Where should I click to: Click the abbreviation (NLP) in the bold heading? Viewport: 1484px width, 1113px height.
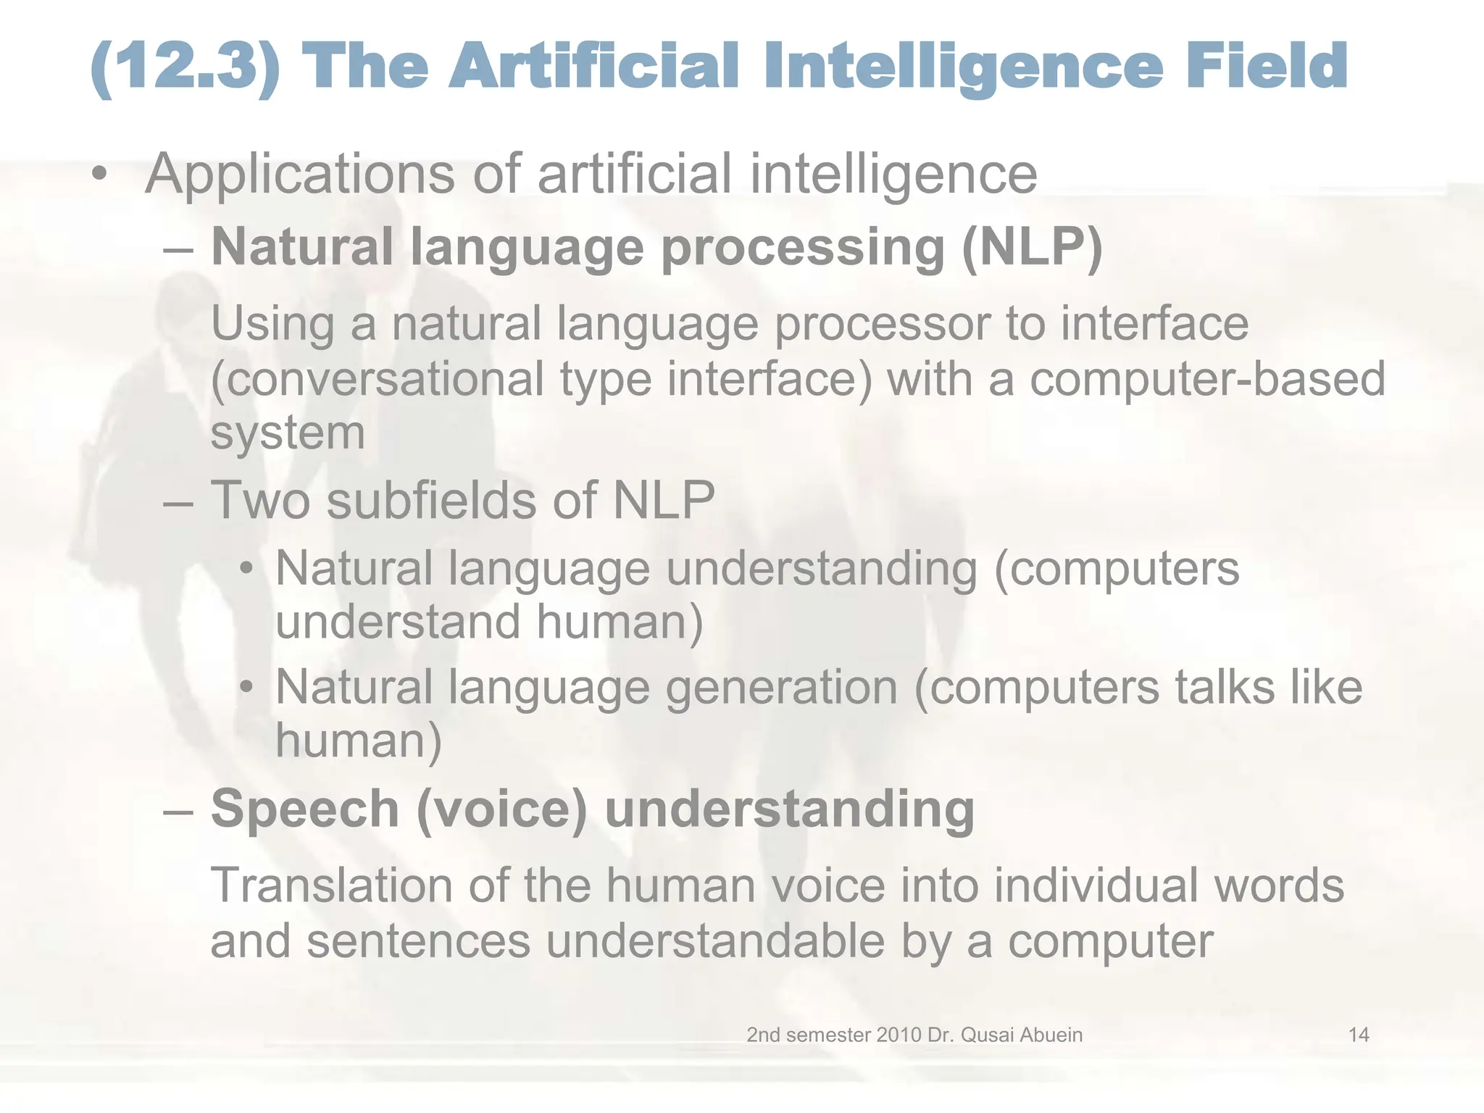click(1032, 247)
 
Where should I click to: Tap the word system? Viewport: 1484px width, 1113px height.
click(288, 433)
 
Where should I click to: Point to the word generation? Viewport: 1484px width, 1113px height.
click(782, 687)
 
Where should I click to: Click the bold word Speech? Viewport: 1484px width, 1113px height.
click(305, 809)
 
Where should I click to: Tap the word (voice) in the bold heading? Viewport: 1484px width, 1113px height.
click(501, 809)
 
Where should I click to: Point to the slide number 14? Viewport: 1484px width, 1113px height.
click(1358, 1035)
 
